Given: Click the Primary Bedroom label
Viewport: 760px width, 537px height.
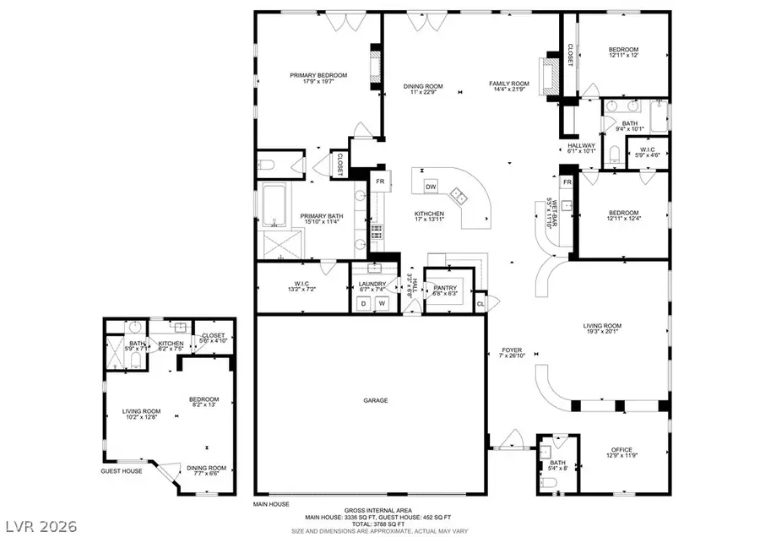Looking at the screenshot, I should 318,75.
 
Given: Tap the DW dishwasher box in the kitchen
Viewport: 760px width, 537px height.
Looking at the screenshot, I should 431,187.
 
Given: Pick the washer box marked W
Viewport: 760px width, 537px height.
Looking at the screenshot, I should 382,302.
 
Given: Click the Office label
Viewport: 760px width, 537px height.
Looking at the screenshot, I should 622,449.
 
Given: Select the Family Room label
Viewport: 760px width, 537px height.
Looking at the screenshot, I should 509,83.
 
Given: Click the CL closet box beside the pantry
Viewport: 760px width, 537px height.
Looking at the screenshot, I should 480,303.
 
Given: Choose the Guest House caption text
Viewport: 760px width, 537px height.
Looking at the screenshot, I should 122,471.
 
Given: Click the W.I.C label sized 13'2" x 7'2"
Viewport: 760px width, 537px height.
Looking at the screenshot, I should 303,284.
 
